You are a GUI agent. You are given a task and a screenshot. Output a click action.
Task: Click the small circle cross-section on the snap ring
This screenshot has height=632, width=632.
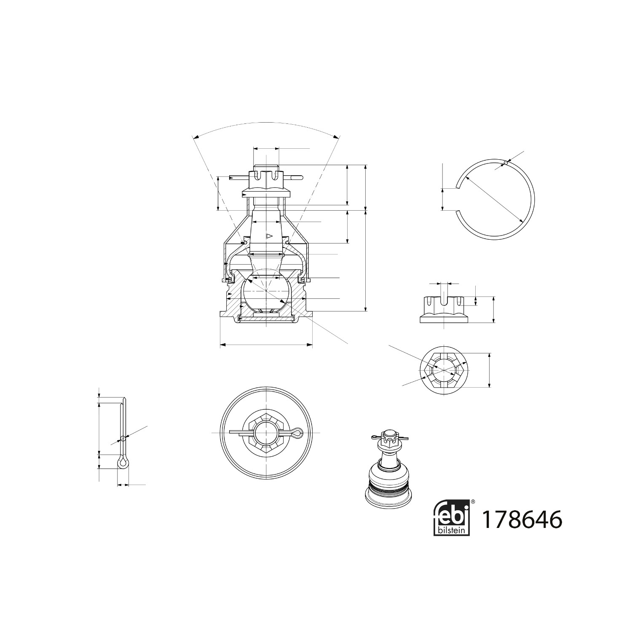click(x=506, y=163)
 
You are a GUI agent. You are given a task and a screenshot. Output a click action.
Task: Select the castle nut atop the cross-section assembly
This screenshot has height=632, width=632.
click(x=266, y=181)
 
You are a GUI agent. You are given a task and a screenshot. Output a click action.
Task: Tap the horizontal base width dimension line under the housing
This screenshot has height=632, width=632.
click(x=266, y=345)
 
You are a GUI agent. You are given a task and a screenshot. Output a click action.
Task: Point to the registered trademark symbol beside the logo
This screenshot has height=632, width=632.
click(x=473, y=502)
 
